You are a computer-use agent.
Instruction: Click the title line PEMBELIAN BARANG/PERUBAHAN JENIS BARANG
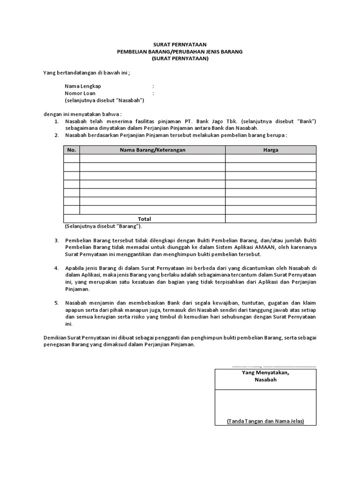coord(180,52)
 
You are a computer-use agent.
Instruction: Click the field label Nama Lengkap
coord(82,86)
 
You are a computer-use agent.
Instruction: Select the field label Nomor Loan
coord(80,93)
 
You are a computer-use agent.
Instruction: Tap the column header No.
coord(71,150)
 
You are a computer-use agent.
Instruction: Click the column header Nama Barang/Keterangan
coord(152,150)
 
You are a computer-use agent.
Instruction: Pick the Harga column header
coord(270,150)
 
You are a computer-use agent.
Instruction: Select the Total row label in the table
coord(144,219)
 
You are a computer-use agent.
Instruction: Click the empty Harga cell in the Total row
coord(270,219)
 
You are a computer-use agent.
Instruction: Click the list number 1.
coord(56,121)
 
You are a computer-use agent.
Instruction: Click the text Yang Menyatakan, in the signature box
coord(265,373)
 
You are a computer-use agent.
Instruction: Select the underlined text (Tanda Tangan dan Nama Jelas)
coord(265,421)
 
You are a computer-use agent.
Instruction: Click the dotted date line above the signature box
coord(274,366)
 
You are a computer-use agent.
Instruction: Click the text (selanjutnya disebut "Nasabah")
coord(104,100)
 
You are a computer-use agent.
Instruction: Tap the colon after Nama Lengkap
coord(153,86)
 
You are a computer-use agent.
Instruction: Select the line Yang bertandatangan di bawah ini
coord(86,73)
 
